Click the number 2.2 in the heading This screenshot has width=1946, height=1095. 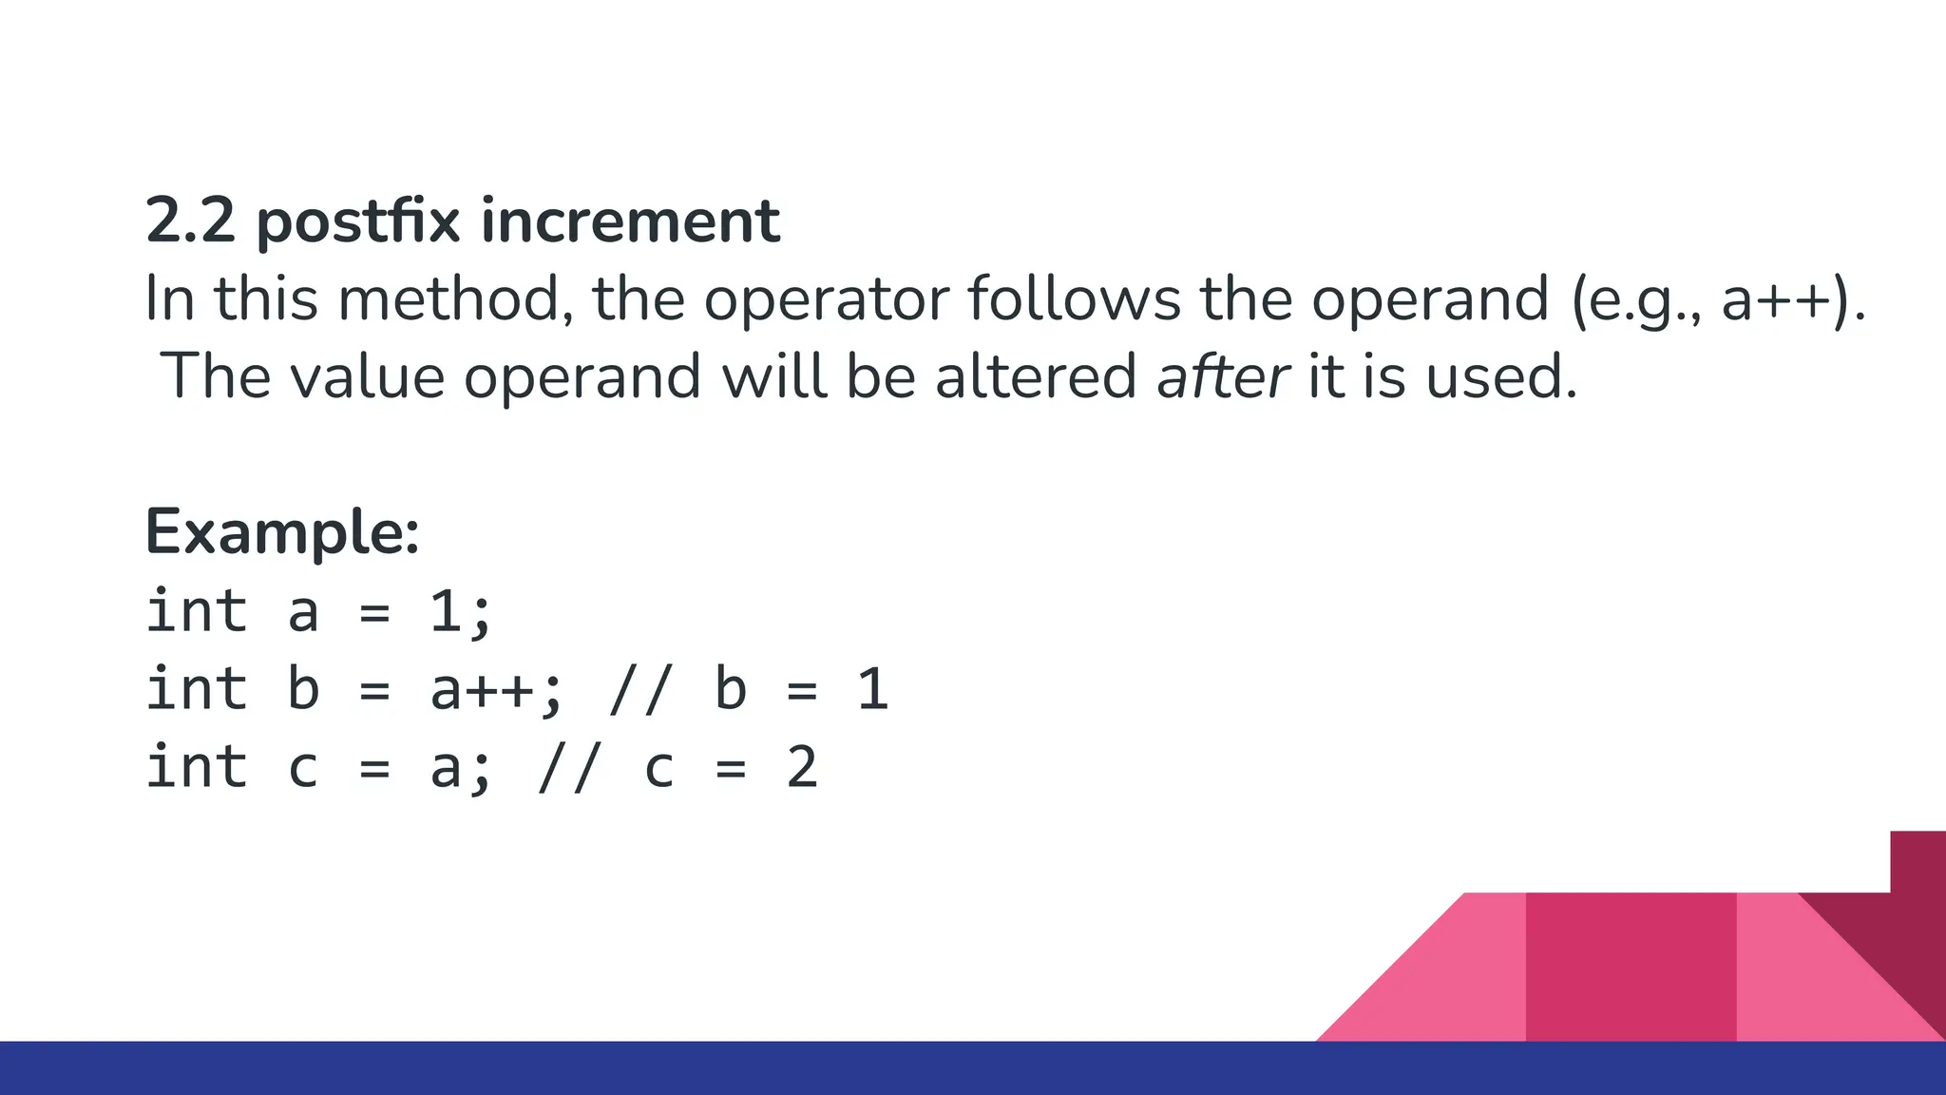pyautogui.click(x=189, y=221)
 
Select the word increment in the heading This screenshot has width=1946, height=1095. pyautogui.click(x=630, y=221)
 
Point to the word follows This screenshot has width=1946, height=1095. pyautogui.click(x=1074, y=298)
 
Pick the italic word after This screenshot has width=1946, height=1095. pyautogui.click(x=1222, y=376)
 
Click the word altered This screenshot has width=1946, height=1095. pyautogui.click(x=1035, y=376)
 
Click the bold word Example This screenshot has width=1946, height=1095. pyautogui.click(x=280, y=532)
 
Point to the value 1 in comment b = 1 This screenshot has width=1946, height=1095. pyautogui.click(x=872, y=690)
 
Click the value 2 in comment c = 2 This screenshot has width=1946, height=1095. pyautogui.click(x=802, y=768)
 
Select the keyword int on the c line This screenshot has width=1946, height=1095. pyautogui.click(x=197, y=768)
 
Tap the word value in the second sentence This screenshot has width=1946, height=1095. pyautogui.click(x=366, y=376)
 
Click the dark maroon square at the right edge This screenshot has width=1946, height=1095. pyautogui.click(x=1917, y=861)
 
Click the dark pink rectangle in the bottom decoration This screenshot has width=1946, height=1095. pyautogui.click(x=1631, y=966)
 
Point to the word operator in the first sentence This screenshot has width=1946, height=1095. pyautogui.click(x=826, y=300)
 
